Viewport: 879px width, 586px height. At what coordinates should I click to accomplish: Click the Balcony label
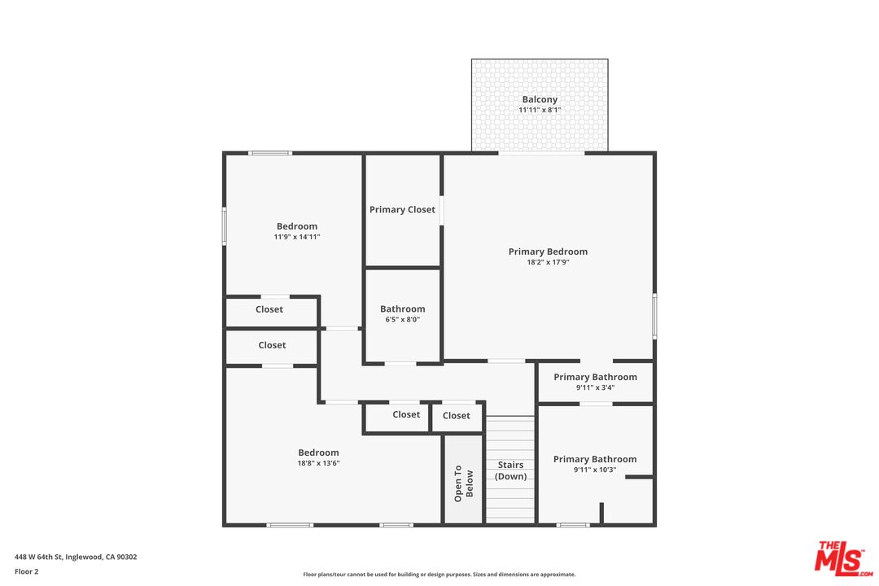(x=540, y=99)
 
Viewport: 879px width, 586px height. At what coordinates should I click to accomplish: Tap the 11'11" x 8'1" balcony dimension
(x=540, y=110)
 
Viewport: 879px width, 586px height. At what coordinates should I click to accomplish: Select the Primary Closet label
(x=402, y=209)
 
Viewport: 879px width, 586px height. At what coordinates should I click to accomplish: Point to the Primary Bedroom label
(x=548, y=251)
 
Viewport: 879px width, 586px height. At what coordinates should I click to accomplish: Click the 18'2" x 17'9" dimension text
(x=548, y=262)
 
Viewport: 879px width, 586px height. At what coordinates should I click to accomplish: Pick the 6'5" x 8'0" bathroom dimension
(x=402, y=320)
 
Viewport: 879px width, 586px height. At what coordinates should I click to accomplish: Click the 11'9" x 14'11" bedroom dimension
(x=297, y=237)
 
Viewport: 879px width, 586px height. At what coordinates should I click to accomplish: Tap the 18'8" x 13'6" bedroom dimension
(x=318, y=463)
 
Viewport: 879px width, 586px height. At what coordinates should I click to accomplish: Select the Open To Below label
(x=463, y=482)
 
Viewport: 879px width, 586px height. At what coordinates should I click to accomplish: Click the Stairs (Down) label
(x=511, y=470)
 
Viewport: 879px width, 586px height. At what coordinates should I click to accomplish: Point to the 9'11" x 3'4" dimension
(x=595, y=387)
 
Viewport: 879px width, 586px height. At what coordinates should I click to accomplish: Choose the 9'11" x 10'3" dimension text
(x=595, y=470)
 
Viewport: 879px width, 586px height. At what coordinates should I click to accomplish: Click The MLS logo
(x=844, y=558)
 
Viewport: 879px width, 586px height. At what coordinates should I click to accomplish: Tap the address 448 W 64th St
(x=76, y=557)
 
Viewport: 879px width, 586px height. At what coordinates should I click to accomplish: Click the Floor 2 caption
(x=26, y=571)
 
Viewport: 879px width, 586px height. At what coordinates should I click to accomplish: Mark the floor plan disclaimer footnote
(x=439, y=575)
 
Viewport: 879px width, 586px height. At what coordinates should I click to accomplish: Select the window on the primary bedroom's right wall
(x=654, y=317)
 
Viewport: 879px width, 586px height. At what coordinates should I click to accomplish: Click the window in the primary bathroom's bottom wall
(x=573, y=525)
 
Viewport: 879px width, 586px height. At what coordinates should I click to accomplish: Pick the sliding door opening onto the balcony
(x=541, y=152)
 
